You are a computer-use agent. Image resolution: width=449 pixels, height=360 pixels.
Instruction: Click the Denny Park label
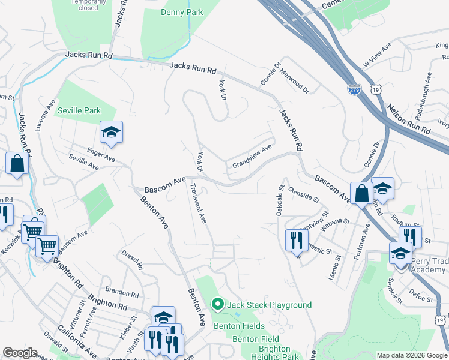[x=182, y=12]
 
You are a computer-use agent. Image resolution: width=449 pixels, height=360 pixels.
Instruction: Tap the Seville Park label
[x=79, y=110]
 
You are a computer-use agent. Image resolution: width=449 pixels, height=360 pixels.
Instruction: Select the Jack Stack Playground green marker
[x=217, y=305]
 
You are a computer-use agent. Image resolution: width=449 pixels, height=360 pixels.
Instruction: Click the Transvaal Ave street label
[x=198, y=203]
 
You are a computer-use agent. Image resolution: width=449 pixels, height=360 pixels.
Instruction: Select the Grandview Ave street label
[x=252, y=155]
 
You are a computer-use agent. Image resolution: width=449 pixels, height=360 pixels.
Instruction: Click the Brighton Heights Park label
[x=278, y=352]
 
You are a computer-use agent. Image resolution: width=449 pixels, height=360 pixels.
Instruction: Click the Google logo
[x=20, y=353]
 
